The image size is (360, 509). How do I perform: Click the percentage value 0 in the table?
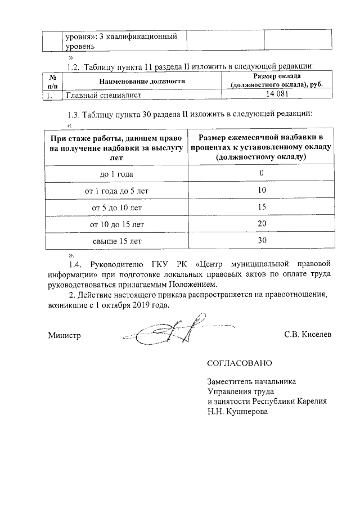point(261,173)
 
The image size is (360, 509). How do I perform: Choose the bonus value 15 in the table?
point(261,207)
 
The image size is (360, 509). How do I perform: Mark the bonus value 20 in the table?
point(261,224)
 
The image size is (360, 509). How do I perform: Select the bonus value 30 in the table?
point(261,241)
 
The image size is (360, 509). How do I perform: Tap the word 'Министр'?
point(65,335)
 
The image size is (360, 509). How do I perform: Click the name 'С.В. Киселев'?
point(308,335)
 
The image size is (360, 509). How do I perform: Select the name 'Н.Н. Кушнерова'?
point(237,411)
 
